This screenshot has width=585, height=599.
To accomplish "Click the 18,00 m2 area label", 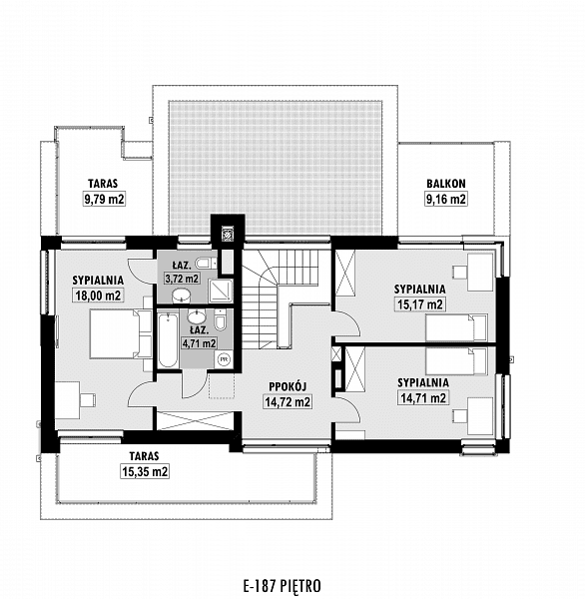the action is [x=98, y=296].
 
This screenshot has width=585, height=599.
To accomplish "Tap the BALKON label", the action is [x=446, y=184].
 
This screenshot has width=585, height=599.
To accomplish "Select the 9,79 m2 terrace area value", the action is [x=104, y=199].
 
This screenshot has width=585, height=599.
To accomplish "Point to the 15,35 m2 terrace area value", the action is [x=145, y=471].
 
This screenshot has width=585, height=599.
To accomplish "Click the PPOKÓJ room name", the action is [x=288, y=386].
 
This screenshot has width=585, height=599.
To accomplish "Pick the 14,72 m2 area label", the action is [x=288, y=401].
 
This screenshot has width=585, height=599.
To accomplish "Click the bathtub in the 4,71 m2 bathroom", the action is [x=168, y=340].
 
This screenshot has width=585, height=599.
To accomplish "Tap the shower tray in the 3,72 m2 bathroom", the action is [x=221, y=291].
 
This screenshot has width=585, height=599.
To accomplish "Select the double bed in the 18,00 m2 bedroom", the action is [x=121, y=333].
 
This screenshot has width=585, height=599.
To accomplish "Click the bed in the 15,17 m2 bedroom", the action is [x=456, y=327].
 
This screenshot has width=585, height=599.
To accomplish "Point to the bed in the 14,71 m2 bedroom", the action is [x=456, y=361].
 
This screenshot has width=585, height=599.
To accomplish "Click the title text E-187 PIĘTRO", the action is [x=283, y=586].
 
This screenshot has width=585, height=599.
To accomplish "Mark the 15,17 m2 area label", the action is [x=420, y=304].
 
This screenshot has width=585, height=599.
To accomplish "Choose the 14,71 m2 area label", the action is [x=423, y=398].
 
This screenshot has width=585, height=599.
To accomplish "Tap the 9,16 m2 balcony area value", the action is [x=446, y=199].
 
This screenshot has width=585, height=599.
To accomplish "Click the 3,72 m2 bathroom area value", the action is [x=182, y=279].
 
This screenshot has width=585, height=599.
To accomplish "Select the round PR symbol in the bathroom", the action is [x=225, y=359].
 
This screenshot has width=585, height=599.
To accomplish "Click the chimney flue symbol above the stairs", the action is [x=228, y=234].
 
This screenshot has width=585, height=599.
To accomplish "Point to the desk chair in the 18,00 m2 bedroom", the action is [x=88, y=400].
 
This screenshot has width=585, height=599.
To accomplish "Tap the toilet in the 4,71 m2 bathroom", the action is [x=220, y=320].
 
